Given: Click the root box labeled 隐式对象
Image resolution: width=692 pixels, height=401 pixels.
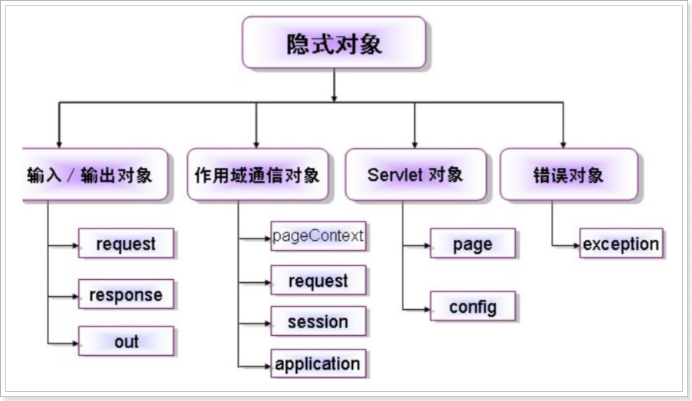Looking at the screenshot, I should tap(334, 43).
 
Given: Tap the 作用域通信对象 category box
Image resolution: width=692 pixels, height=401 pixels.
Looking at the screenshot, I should tap(256, 175).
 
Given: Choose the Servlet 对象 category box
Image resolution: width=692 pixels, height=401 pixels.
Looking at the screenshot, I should tap(415, 175).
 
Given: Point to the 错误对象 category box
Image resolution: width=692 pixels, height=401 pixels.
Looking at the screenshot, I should tap(568, 175).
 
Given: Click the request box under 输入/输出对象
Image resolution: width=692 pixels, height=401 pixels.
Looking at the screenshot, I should tap(126, 245).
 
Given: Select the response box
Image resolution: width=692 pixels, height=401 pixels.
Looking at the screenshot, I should tap(126, 294).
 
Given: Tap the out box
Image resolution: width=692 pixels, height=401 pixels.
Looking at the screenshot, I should tap(126, 342).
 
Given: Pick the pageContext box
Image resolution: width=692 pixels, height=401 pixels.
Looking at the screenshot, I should tap(318, 236).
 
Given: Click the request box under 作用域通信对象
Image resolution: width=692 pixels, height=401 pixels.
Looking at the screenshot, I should tap(318, 281).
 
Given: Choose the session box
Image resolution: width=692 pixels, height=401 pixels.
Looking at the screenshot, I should tap(318, 322).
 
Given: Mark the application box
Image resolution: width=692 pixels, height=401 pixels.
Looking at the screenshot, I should tap(318, 363).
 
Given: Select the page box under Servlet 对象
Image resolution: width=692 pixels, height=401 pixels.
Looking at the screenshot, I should tap(472, 245).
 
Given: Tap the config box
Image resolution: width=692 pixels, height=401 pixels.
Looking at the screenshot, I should tap(472, 307).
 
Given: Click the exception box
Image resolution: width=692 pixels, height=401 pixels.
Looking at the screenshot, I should tap(621, 245).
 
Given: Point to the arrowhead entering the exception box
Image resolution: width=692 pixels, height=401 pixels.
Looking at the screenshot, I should tap(576, 246).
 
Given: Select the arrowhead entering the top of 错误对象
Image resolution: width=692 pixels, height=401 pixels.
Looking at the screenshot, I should tap(563, 144).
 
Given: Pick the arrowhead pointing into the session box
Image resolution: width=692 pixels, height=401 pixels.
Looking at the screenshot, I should tap(267, 322).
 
